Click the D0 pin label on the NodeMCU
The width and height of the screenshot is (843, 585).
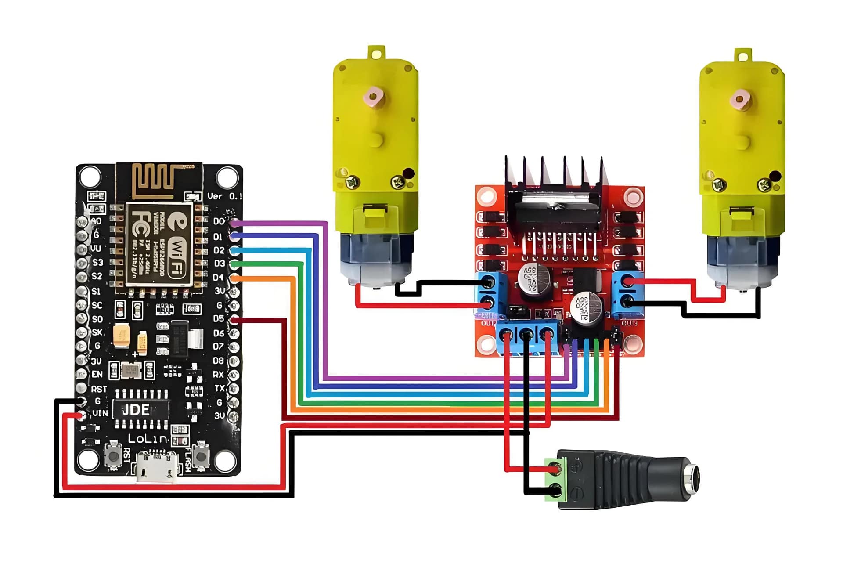(x=219, y=221)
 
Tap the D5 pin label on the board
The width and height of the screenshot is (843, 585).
(x=219, y=319)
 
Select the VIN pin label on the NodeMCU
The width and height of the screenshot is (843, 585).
(x=100, y=413)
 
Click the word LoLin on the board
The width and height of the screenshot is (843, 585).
(x=148, y=438)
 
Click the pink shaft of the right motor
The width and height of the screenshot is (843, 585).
(x=740, y=100)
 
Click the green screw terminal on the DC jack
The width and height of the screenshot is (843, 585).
(x=555, y=479)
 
